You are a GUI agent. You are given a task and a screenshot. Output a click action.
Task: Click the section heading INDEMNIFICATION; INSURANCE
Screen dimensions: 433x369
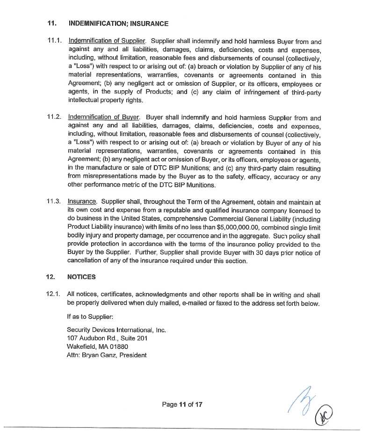[x=118, y=23]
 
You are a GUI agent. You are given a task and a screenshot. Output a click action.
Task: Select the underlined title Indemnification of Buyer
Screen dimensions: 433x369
[x=104, y=118]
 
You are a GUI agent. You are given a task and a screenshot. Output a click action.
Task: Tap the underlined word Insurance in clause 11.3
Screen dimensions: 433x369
[x=82, y=202]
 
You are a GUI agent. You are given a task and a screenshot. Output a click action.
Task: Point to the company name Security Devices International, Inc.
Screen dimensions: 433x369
[x=116, y=330]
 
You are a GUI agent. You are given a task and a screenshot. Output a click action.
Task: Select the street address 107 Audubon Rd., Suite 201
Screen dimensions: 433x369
[x=107, y=338]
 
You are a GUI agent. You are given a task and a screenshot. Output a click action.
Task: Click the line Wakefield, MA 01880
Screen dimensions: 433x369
[x=97, y=346]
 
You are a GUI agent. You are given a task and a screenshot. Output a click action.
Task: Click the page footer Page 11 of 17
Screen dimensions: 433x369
[x=182, y=404]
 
